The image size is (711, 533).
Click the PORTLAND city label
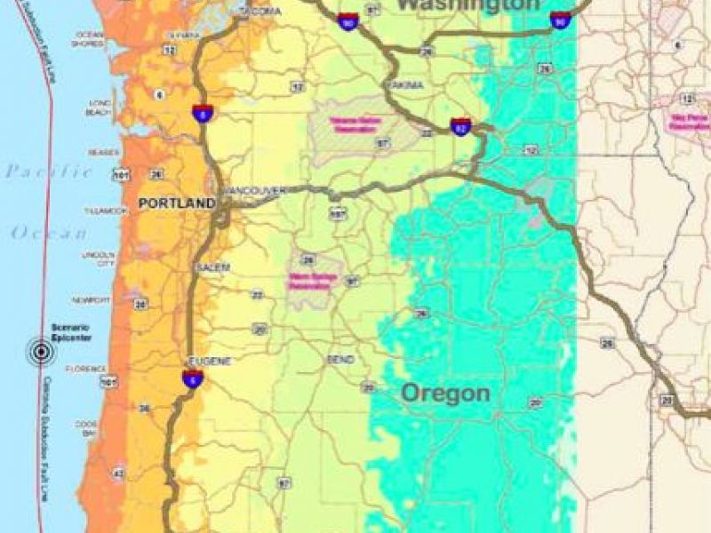coord(176,203)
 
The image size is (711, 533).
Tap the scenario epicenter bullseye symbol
coord(40,352)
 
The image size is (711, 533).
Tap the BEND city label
coord(340,360)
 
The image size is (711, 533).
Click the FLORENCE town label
coord(92,369)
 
